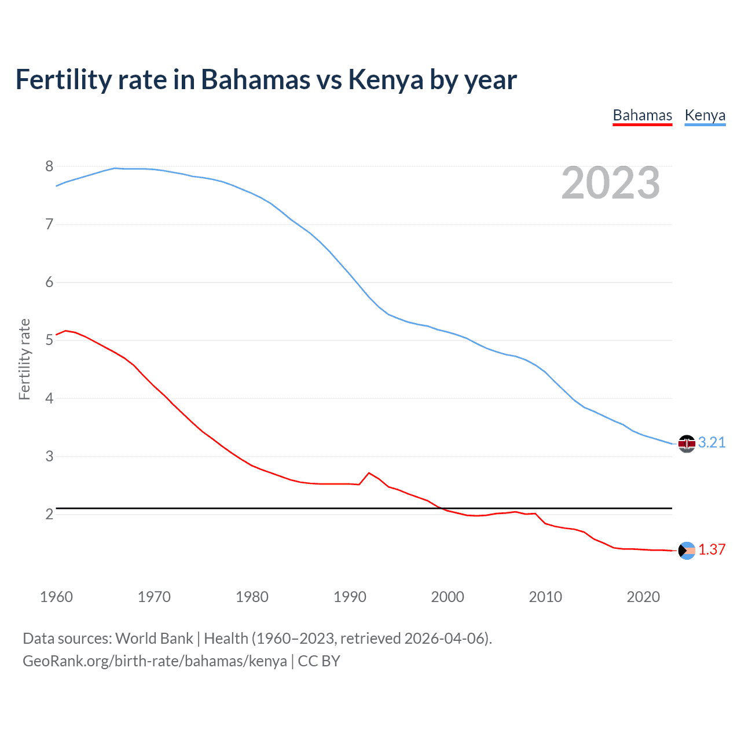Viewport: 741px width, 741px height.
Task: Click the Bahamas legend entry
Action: tap(642, 115)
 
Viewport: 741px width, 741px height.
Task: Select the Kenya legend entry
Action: tap(705, 115)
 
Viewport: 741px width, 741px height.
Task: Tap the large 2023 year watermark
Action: tap(610, 183)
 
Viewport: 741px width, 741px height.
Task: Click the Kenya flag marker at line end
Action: tap(687, 443)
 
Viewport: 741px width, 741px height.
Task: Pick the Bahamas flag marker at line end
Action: tap(687, 551)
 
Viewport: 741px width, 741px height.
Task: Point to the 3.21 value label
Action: tap(711, 443)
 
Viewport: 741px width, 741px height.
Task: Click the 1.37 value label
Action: tap(711, 550)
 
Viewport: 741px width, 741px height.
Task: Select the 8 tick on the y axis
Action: tap(49, 167)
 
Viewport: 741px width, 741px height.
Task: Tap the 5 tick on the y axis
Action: tap(49, 340)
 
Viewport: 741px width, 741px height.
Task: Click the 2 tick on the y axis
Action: tap(49, 514)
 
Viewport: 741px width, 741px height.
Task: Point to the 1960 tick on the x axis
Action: tap(56, 597)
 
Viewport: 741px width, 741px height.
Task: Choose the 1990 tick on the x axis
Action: tap(350, 597)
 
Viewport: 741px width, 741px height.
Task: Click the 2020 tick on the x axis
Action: tap(643, 597)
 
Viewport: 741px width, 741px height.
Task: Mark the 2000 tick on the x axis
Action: tap(447, 597)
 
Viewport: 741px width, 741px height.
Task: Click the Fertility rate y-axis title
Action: tap(24, 359)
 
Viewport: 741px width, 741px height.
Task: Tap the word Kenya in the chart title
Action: tap(386, 80)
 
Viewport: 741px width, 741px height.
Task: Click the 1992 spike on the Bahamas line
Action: tap(369, 473)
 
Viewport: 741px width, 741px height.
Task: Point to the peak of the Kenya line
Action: tap(115, 168)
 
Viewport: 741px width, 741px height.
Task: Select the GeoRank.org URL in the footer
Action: tap(155, 661)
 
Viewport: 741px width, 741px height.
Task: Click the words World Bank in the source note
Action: tap(154, 639)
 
